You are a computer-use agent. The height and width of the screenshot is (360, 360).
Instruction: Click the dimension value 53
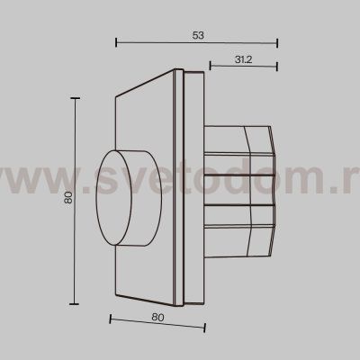pyautogui.click(x=198, y=34)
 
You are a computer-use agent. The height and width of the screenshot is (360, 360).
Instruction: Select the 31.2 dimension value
pyautogui.click(x=242, y=58)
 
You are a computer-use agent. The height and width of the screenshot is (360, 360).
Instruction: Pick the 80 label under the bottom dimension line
pyautogui.click(x=157, y=316)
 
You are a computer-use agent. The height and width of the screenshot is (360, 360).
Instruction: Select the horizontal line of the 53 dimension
pyautogui.click(x=197, y=42)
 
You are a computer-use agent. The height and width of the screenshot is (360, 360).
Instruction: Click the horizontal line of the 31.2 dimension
pyautogui.click(x=243, y=66)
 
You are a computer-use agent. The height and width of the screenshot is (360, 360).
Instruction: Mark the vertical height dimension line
pyautogui.click(x=76, y=200)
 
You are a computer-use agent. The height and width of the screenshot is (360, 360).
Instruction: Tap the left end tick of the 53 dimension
pyautogui.click(x=117, y=42)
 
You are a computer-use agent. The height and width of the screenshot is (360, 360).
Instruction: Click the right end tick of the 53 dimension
pyautogui.click(x=277, y=42)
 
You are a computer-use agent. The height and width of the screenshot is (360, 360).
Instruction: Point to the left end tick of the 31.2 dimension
pyautogui.click(x=210, y=66)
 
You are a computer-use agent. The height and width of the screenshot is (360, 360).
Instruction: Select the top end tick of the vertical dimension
pyautogui.click(x=76, y=97)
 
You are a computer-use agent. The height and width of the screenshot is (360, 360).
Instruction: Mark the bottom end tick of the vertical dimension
pyautogui.click(x=76, y=303)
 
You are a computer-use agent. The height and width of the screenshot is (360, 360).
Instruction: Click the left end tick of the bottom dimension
pyautogui.click(x=109, y=324)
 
